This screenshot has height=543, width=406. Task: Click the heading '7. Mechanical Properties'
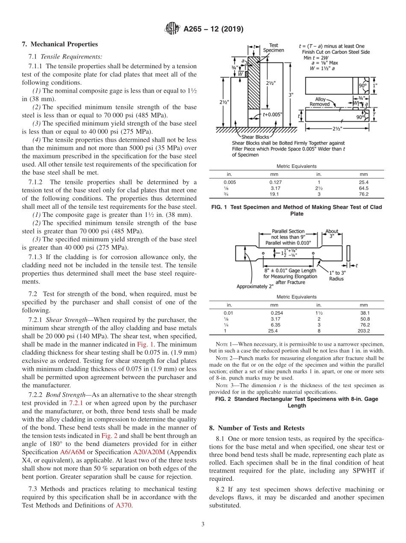[60, 44]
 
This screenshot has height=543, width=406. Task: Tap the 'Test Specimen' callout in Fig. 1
[274, 47]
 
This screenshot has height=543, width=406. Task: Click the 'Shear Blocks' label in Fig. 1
[255, 137]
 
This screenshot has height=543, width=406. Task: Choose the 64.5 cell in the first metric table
[364, 188]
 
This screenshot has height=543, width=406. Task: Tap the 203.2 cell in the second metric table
[364, 330]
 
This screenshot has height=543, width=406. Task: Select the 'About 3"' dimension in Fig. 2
[332, 234]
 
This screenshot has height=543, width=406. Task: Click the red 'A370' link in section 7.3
[122, 505]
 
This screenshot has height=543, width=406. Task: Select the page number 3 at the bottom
[203, 524]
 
